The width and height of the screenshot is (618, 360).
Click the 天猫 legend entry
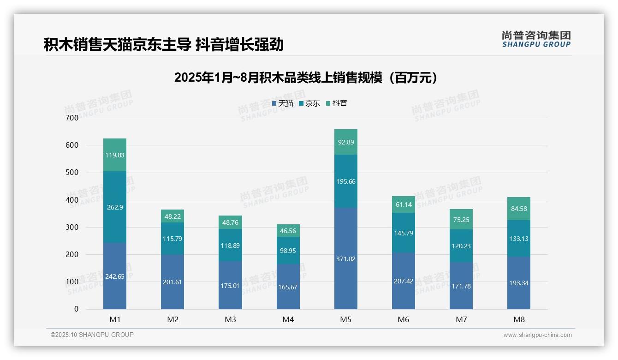[x=283, y=103]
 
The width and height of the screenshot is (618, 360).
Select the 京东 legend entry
[x=309, y=103]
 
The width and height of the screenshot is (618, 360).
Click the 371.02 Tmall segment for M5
[x=346, y=259]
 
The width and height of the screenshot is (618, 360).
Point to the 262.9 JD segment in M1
[x=115, y=208]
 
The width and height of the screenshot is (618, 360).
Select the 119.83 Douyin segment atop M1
[x=115, y=155]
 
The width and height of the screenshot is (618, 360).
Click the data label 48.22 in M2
[x=172, y=216]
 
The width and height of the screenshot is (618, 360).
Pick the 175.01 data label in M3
[x=230, y=286]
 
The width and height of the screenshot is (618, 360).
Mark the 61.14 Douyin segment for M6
[x=404, y=204]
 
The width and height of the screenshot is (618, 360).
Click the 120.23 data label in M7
[x=461, y=246]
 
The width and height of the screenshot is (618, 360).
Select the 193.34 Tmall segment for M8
[x=519, y=283]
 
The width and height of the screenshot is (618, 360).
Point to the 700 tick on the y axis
[x=71, y=118]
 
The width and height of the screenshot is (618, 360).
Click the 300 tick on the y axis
[x=71, y=227]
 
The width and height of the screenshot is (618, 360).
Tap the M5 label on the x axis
[x=346, y=319]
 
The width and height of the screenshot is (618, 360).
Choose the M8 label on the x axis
[x=519, y=319]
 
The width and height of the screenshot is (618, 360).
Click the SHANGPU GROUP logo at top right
[x=536, y=39]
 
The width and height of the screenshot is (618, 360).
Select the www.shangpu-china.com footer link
[x=537, y=335]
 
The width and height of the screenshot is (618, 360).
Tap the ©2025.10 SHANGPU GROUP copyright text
[x=92, y=335]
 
